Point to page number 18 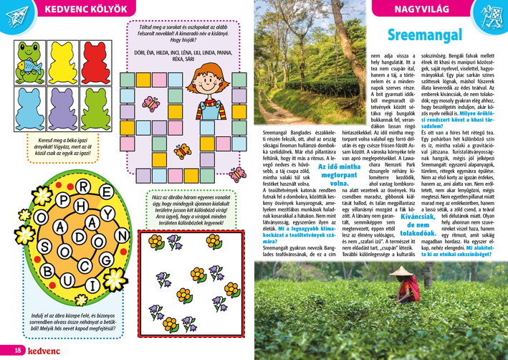pyautogui.click(x=8, y=349)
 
